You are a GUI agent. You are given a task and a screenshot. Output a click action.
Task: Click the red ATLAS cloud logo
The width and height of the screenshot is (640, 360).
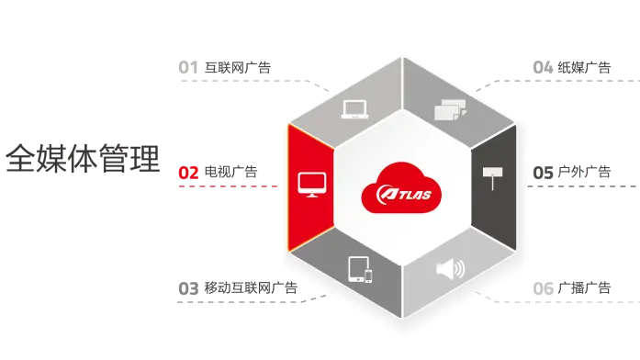tap(401, 187)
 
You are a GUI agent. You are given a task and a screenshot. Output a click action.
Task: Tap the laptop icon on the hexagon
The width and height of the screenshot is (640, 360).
tap(354, 109)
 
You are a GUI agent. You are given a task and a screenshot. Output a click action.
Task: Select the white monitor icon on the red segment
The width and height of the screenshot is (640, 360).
tap(312, 185)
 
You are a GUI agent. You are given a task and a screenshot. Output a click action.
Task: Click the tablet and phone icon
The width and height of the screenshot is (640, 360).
tap(360, 269)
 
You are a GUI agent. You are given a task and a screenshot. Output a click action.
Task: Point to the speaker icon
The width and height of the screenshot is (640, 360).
tap(450, 269)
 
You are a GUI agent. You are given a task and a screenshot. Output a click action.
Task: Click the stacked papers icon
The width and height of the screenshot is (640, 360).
tap(450, 109)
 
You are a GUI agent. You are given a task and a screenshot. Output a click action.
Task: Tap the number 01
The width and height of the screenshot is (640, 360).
tap(188, 67)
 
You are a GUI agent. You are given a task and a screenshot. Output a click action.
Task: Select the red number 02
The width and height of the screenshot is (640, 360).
tap(188, 173)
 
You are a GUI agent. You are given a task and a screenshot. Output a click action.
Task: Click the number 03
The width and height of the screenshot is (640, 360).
tap(188, 288)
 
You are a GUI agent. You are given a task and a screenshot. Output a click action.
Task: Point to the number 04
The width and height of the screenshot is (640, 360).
tap(543, 67)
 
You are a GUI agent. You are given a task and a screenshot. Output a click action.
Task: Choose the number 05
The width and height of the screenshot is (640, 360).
tap(543, 173)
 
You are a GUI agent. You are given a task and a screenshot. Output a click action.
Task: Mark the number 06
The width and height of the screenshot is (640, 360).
tap(543, 288)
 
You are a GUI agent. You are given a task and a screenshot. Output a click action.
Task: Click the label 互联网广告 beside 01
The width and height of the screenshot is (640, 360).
tap(238, 67)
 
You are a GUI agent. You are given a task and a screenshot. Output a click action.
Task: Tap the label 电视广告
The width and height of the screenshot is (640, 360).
tap(231, 172)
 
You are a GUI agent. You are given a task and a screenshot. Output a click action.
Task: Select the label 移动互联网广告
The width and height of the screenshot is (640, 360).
tap(251, 287)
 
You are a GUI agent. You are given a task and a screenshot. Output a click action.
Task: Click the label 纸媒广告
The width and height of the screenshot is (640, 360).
tap(585, 67)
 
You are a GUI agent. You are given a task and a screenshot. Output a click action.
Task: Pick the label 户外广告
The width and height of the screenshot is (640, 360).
tap(585, 172)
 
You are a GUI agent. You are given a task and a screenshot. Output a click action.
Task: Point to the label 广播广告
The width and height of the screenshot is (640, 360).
tap(585, 287)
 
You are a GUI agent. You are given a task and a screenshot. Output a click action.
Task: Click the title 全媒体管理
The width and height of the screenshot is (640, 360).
tap(83, 158)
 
